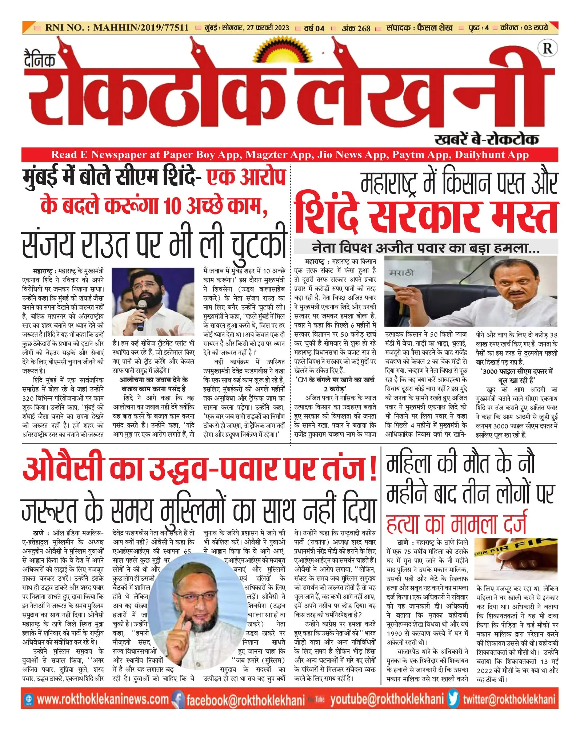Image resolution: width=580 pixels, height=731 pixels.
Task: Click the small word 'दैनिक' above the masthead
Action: (x=40, y=59)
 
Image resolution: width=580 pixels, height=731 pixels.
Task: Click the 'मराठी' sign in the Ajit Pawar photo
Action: (x=401, y=273)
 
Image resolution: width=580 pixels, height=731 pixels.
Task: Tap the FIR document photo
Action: (x=516, y=559)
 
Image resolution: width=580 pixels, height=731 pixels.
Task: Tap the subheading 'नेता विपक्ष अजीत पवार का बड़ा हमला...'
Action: (x=425, y=248)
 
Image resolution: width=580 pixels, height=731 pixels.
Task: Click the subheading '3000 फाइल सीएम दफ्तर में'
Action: (x=517, y=371)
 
